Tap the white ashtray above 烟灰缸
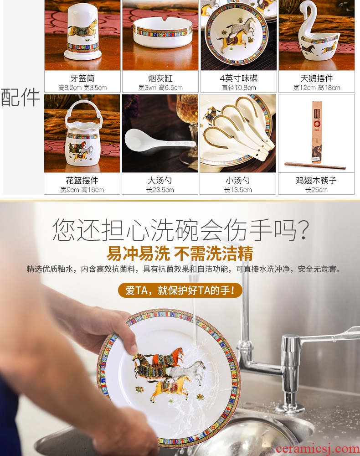[x=163, y=32]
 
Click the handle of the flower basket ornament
[x=82, y=111]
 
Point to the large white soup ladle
[x=160, y=141]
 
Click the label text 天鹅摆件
[x=316, y=78]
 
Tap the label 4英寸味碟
[x=238, y=78]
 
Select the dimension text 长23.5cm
[x=160, y=190]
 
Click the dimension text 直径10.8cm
[x=238, y=88]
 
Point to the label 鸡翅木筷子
[x=316, y=181]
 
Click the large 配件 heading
[x=21, y=97]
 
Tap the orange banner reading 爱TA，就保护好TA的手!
[x=180, y=290]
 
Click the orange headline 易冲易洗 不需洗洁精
[x=180, y=254]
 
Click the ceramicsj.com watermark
[x=318, y=449]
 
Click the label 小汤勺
[x=238, y=181]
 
